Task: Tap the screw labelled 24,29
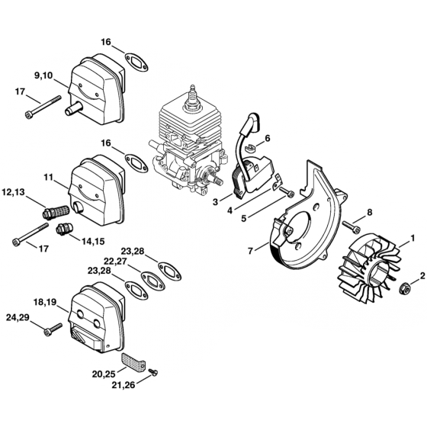[x=53, y=329]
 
